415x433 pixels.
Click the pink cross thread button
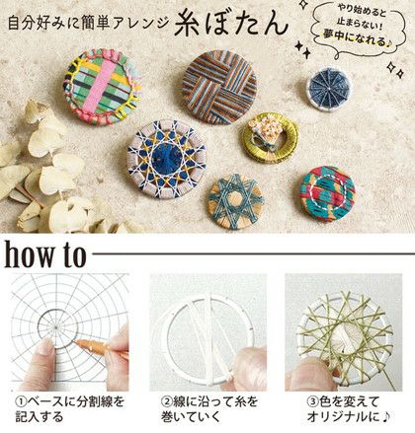(x=103, y=87)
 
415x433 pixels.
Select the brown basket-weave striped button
(x=219, y=88)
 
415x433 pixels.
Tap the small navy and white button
(x=329, y=89)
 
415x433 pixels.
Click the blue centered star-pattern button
(x=166, y=159)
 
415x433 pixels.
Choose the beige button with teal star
(x=236, y=202)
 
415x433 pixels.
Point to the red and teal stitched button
(x=328, y=193)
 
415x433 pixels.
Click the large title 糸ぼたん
(x=231, y=24)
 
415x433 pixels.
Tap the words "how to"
(x=45, y=254)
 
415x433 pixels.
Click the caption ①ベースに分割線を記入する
(x=70, y=409)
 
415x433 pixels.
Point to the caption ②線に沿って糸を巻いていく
(x=209, y=409)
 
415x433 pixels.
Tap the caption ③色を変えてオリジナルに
(x=349, y=409)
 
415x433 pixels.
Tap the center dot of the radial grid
(x=56, y=327)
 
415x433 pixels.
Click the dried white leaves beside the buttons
(x=42, y=171)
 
